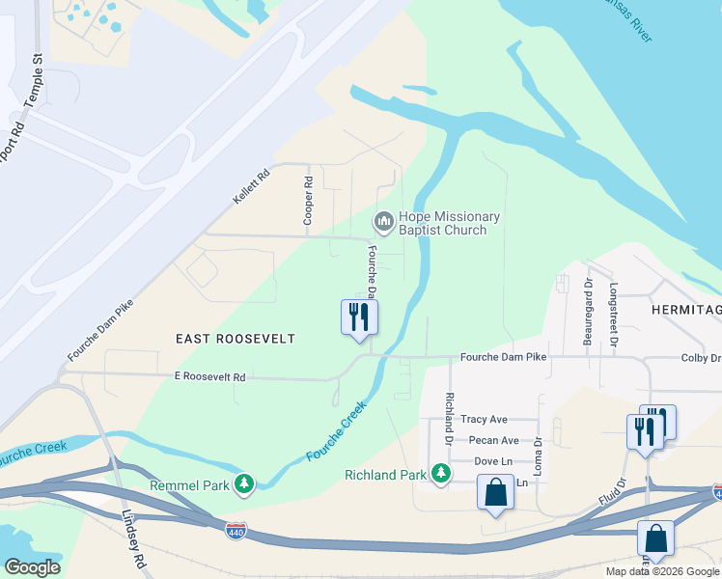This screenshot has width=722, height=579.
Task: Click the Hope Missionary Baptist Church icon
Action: tap(383, 223)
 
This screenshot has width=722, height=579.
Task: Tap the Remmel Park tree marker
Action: tap(245, 482)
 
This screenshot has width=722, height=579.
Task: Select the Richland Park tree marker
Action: tap(440, 473)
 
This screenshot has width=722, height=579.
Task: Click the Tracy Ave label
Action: tap(484, 419)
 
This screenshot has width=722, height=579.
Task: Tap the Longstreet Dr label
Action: tap(614, 310)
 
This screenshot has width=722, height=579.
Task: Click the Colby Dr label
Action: tap(701, 358)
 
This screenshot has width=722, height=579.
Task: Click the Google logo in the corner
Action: tap(32, 567)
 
